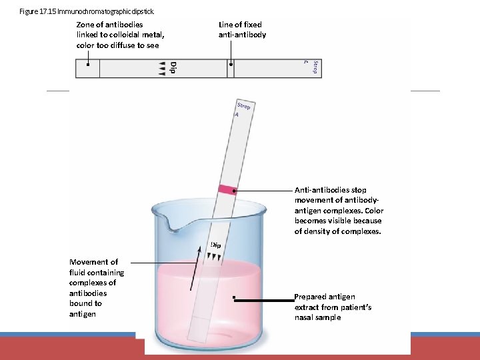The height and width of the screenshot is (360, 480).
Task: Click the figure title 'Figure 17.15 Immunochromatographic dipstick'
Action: tap(87, 11)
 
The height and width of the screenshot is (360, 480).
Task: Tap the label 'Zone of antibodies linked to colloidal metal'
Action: tap(120, 35)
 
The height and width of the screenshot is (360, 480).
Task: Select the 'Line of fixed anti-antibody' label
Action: tap(242, 29)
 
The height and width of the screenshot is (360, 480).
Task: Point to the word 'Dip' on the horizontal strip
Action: tap(173, 68)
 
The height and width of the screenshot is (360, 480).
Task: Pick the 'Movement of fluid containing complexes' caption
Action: tap(97, 287)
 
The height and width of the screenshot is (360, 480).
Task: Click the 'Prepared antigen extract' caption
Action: tap(333, 307)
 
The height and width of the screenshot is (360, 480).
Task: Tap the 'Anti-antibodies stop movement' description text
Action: tap(339, 210)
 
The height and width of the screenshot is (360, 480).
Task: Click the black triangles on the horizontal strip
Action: tap(161, 68)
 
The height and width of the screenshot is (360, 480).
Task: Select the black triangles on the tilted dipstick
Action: tap(213, 255)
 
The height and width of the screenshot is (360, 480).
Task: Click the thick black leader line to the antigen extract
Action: tap(264, 301)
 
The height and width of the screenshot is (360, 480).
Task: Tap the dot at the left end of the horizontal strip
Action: tap(89, 65)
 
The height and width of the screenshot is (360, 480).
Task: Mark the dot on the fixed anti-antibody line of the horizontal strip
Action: tap(231, 65)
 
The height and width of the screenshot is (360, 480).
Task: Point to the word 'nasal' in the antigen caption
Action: tap(306, 317)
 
